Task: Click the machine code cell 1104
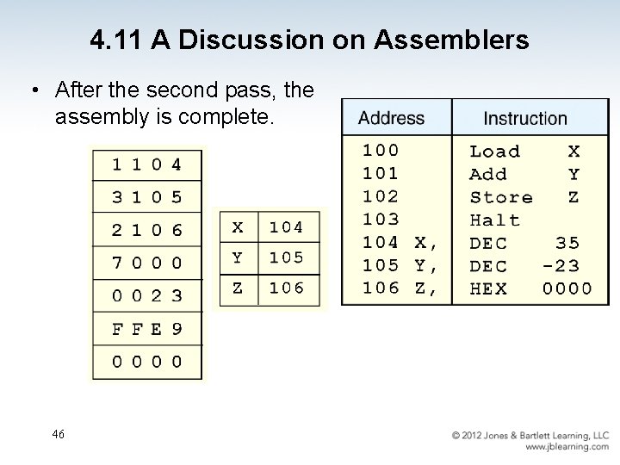click(x=146, y=164)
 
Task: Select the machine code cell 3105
click(x=146, y=196)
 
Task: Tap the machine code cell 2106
click(x=146, y=229)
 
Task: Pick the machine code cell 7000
click(x=146, y=262)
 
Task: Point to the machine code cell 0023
click(x=146, y=295)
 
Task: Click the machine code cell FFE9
click(x=146, y=328)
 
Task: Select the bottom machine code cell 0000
click(x=146, y=362)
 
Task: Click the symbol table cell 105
click(x=286, y=257)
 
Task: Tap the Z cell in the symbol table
click(x=238, y=288)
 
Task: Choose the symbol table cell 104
click(x=286, y=227)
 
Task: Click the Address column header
click(x=392, y=118)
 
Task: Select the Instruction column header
click(x=525, y=118)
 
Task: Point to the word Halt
click(x=494, y=220)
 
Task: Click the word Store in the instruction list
click(x=500, y=197)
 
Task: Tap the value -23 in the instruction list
click(x=561, y=266)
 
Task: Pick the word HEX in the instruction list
click(x=488, y=289)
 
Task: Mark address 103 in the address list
click(x=380, y=220)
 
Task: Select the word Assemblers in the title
click(x=456, y=40)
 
